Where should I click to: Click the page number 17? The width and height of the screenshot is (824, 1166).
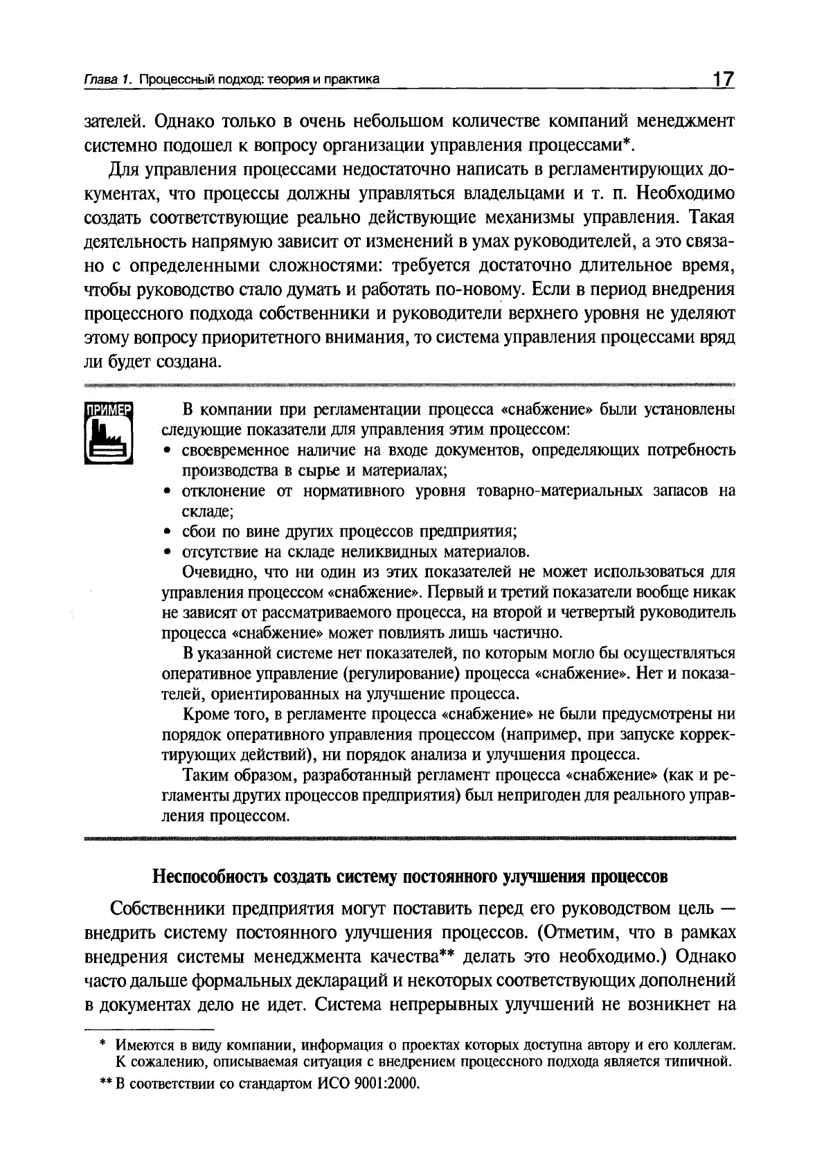(722, 79)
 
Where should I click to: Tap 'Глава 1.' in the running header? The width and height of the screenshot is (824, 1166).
(108, 80)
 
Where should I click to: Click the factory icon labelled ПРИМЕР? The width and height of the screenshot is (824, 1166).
(107, 433)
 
